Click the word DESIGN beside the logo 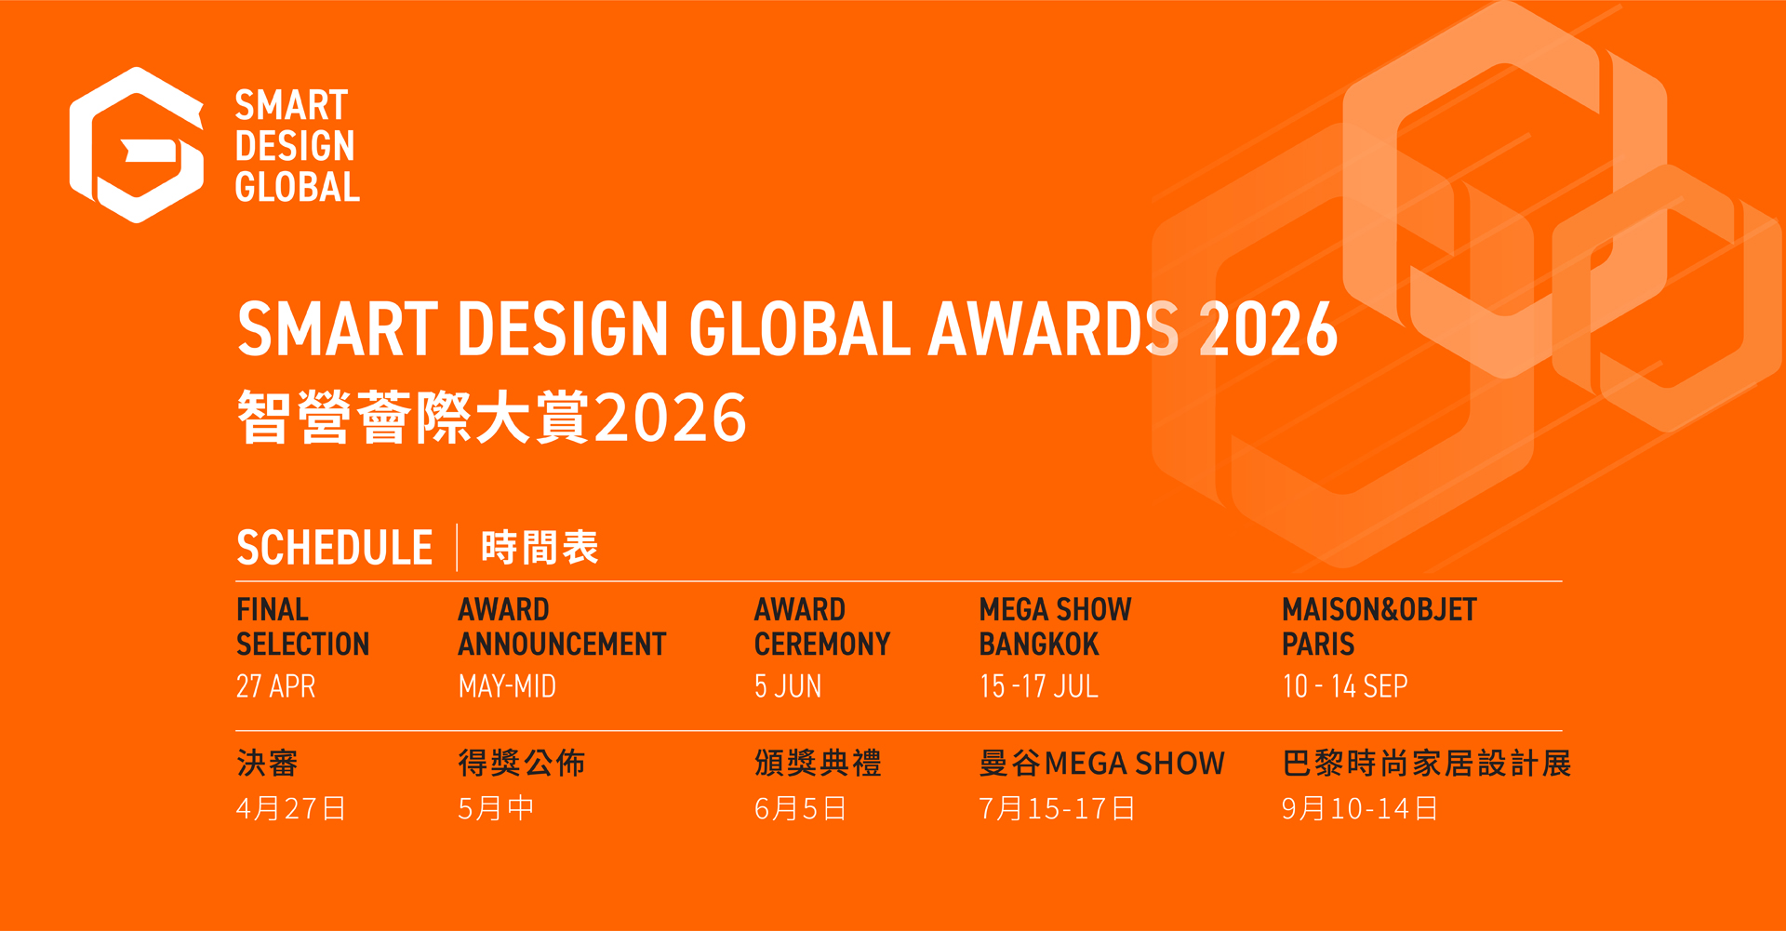click(x=295, y=146)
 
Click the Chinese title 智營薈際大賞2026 click(x=492, y=418)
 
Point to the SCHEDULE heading click(x=335, y=548)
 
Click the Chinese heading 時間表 click(x=540, y=548)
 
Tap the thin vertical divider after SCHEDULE click(x=457, y=547)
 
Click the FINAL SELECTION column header click(x=303, y=627)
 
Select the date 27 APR click(x=276, y=686)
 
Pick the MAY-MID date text click(x=507, y=686)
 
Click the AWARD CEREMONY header click(x=822, y=627)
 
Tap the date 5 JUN click(x=788, y=686)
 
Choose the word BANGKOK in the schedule click(x=1039, y=644)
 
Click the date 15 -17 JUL click(x=1039, y=686)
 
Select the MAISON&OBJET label click(x=1379, y=610)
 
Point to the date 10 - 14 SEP click(x=1345, y=686)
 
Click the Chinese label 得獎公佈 click(x=522, y=764)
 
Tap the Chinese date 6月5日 click(x=800, y=808)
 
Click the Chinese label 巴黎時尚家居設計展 click(x=1427, y=764)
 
